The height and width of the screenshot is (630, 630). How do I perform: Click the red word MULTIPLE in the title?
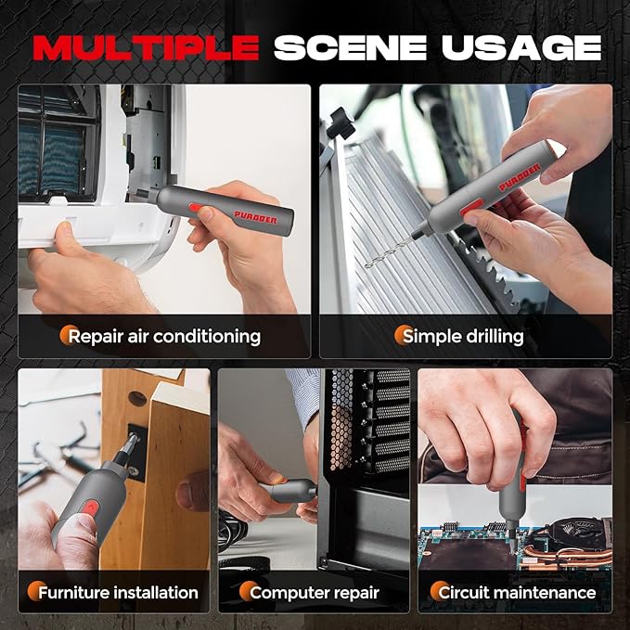146,47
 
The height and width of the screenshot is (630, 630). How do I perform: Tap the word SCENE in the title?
350,47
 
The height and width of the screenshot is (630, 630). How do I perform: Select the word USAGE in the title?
521,47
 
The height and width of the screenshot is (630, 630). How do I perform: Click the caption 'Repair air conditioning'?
164,336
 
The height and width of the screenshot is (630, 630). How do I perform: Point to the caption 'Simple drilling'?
463,336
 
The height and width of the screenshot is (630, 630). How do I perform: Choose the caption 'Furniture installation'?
118,593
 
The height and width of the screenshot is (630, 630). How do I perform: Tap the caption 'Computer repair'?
315,593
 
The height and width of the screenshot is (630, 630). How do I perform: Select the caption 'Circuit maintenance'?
517,593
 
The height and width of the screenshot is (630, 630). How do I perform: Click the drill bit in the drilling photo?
389,252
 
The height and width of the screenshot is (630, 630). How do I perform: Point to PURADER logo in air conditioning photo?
255,217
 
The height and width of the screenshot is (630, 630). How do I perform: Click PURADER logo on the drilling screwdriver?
520,177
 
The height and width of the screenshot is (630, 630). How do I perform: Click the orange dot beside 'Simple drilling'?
402,334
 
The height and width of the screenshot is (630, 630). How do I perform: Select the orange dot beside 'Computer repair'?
248,591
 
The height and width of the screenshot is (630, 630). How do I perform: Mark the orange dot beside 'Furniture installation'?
36,591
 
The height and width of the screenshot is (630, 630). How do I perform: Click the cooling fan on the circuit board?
581,534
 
